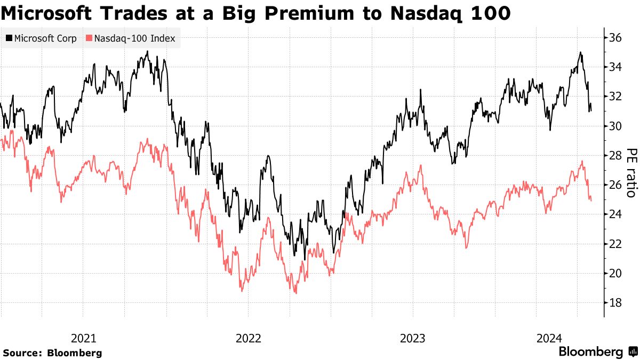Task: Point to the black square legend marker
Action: (9, 38)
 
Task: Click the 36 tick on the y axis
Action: (617, 38)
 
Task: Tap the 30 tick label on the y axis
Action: (617, 126)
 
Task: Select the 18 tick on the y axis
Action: (617, 303)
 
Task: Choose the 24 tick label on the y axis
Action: (617, 214)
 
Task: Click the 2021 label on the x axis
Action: (83, 338)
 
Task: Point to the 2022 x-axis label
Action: (248, 338)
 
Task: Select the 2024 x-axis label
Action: (549, 338)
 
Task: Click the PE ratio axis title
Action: (630, 172)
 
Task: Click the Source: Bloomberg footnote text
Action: (52, 353)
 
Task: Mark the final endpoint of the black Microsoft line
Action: (591, 111)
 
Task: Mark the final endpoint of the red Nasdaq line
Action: (591, 201)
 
